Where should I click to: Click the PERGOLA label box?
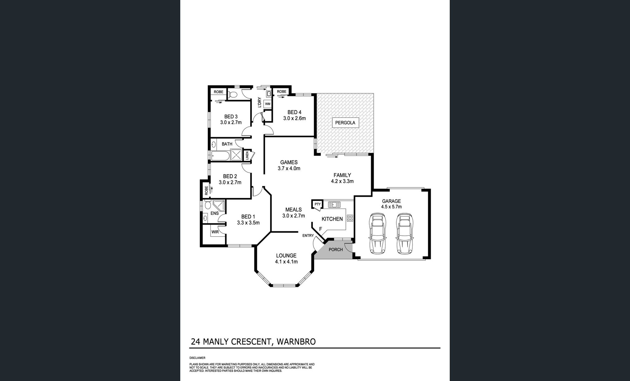pos(345,123)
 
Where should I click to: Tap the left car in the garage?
pos(377,234)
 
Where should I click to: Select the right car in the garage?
pos(404,234)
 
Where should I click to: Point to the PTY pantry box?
pos(317,205)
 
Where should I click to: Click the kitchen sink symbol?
pos(334,205)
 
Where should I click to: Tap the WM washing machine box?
pos(268,104)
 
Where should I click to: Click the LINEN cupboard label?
pos(247,155)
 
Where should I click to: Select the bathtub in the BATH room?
pos(220,155)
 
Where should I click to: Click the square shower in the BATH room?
pos(236,155)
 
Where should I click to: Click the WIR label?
pos(215,232)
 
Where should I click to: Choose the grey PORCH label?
pos(336,249)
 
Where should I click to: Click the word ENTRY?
pos(308,235)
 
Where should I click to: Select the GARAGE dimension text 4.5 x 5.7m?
pos(391,207)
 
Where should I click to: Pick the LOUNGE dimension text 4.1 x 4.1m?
pos(286,262)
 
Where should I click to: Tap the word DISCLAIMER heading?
pos(197,358)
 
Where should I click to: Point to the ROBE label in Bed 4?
pos(281,92)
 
